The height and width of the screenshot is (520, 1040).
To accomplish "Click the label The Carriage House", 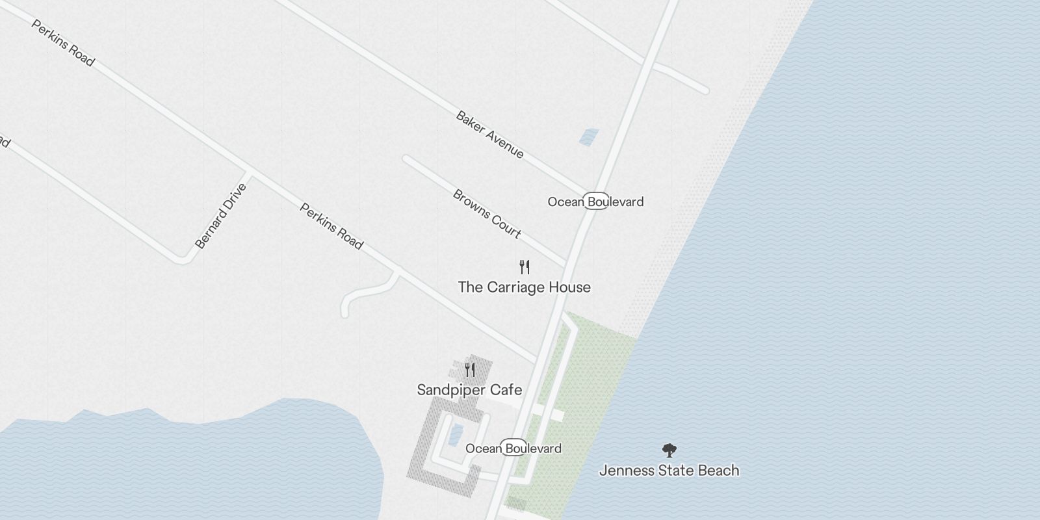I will pyautogui.click(x=524, y=287).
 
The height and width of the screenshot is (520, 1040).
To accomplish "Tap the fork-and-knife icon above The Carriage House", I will pyautogui.click(x=525, y=266).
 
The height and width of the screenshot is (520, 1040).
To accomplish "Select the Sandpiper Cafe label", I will pyautogui.click(x=469, y=390).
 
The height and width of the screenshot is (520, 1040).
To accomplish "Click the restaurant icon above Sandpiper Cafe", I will pyautogui.click(x=470, y=370).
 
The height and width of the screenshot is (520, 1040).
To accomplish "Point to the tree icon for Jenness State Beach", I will pyautogui.click(x=668, y=450).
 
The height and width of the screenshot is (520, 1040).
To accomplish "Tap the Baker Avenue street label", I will pyautogui.click(x=489, y=135).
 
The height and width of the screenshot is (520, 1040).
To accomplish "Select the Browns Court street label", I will pyautogui.click(x=487, y=213).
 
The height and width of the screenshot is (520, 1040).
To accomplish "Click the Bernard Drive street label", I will pyautogui.click(x=221, y=216).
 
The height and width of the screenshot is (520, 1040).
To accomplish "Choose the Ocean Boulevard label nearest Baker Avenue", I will pyautogui.click(x=595, y=201).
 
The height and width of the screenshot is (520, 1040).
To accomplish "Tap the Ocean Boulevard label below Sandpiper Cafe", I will pyautogui.click(x=513, y=448).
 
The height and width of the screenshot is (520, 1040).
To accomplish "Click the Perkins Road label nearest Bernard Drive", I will pyautogui.click(x=331, y=226).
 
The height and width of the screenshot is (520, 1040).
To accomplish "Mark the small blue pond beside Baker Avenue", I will pyautogui.click(x=589, y=136).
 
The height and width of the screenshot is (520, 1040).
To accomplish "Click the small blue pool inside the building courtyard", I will pyautogui.click(x=456, y=431).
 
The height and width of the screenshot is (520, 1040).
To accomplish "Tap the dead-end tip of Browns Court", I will pyautogui.click(x=406, y=158).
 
